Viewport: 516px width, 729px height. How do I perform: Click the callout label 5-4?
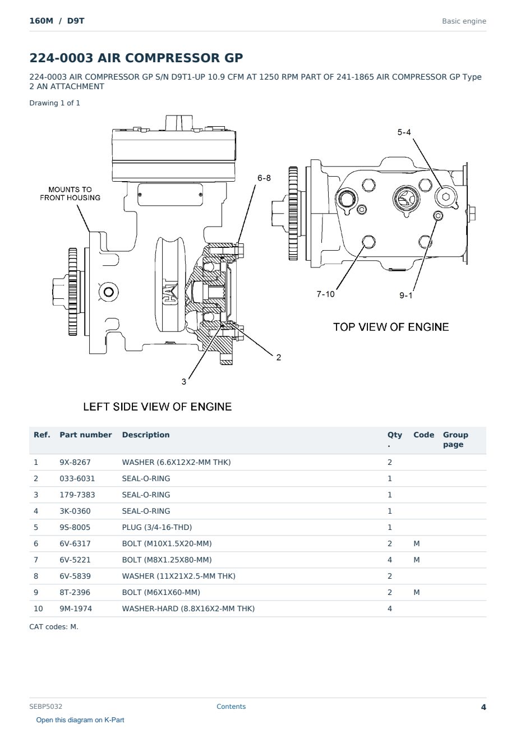(x=404, y=132)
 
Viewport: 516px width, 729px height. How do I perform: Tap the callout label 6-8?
(x=264, y=178)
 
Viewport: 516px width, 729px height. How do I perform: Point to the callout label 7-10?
(x=325, y=294)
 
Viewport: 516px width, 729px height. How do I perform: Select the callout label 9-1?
(x=406, y=296)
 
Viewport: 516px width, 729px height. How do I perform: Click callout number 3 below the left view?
(x=184, y=382)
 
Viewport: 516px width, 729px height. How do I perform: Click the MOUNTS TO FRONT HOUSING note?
(x=70, y=193)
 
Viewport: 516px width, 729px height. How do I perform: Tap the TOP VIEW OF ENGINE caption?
(x=391, y=327)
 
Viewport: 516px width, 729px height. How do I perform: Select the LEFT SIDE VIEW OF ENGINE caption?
(x=157, y=407)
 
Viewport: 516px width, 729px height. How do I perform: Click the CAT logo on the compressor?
(x=170, y=292)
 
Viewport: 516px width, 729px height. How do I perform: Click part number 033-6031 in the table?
(x=77, y=478)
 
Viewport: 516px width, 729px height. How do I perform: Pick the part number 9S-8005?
(x=75, y=527)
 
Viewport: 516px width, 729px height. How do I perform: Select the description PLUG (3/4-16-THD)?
(x=157, y=527)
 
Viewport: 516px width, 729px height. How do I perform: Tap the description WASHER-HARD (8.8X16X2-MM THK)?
(x=188, y=608)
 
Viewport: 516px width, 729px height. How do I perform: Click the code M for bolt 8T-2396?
(x=416, y=592)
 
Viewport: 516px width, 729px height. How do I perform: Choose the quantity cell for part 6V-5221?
(x=390, y=560)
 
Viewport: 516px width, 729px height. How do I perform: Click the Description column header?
(x=146, y=435)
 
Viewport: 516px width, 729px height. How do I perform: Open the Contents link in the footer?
(x=231, y=707)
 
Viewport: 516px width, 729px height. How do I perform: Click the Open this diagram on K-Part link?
(x=80, y=720)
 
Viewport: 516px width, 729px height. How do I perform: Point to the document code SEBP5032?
(x=45, y=707)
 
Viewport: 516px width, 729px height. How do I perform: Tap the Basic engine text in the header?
(x=464, y=21)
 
